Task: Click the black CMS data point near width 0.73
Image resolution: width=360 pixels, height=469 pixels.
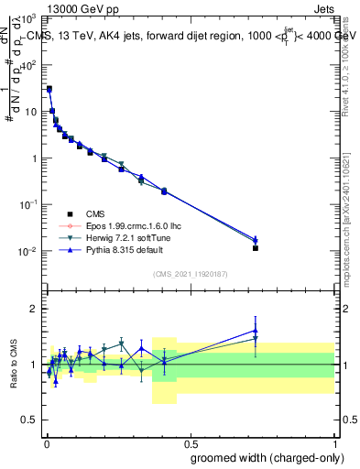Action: coord(256,248)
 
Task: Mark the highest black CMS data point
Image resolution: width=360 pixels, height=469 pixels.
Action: coord(49,89)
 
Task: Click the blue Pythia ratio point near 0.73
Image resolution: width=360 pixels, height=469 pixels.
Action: coord(256,331)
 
